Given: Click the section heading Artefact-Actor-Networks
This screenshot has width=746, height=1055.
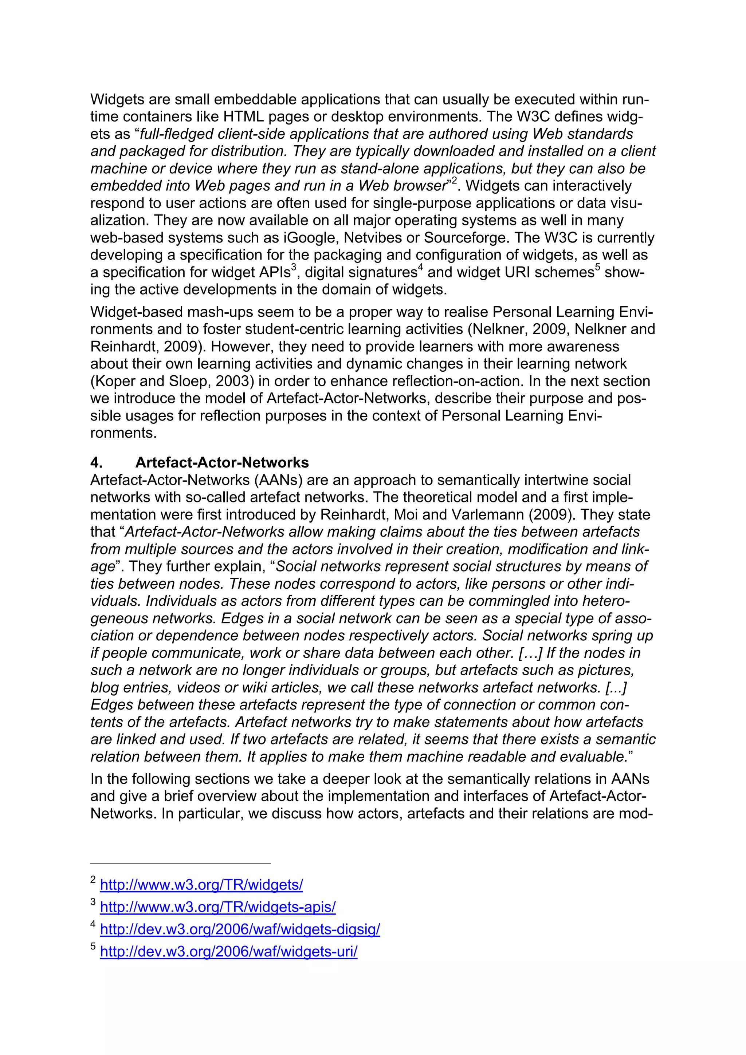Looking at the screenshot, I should (222, 462).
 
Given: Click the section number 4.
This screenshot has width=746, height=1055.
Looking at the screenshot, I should (96, 462).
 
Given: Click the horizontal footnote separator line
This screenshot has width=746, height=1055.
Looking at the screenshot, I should (180, 864).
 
